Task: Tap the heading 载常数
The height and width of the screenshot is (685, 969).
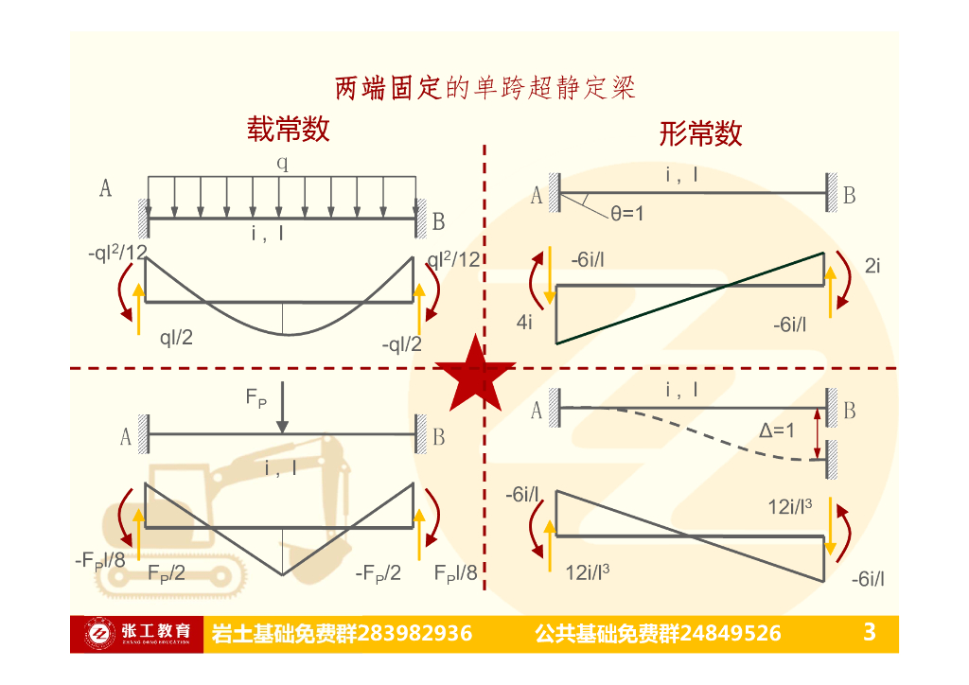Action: [289, 129]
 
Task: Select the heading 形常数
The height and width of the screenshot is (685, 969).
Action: [700, 133]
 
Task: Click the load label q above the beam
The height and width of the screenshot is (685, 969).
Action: [282, 162]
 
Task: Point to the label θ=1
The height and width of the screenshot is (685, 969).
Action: [626, 215]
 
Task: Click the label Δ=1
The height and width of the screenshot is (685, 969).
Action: [779, 430]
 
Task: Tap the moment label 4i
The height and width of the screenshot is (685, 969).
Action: [524, 323]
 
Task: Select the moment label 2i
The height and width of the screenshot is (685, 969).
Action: [872, 267]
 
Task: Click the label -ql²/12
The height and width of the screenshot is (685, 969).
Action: [116, 254]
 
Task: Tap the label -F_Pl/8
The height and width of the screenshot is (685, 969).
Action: [100, 560]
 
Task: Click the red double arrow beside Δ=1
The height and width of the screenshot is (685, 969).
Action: [819, 423]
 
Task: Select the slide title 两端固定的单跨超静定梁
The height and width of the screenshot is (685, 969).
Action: [484, 89]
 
